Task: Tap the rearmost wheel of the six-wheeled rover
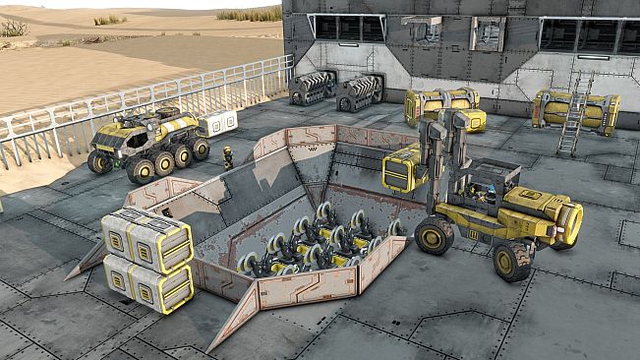201,149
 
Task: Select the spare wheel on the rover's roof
166,113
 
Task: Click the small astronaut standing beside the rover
228,156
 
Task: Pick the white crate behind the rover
218,122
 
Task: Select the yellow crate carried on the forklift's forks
403,168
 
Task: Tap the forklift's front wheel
434,235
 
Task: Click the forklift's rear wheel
512,261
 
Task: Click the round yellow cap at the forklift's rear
569,223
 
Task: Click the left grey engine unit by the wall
312,89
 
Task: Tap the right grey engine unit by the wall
361,92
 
